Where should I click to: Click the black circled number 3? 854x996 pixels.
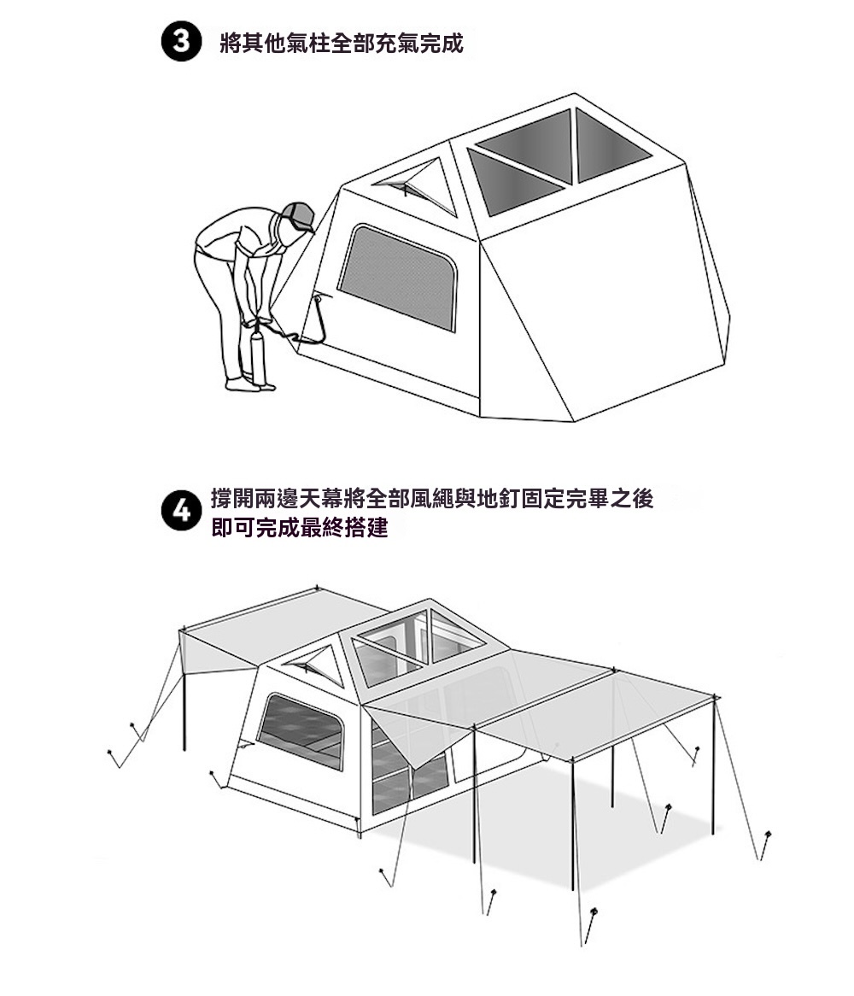point(181,43)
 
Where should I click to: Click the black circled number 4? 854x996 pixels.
point(181,512)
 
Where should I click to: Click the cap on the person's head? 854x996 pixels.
point(298,216)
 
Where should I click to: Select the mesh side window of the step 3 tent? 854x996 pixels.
point(398,277)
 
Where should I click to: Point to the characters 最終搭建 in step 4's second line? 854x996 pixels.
point(343,527)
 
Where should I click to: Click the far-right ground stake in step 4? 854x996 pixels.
point(766,845)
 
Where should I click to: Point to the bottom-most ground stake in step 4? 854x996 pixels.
point(590,926)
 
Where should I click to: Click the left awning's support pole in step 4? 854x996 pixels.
point(184,693)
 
